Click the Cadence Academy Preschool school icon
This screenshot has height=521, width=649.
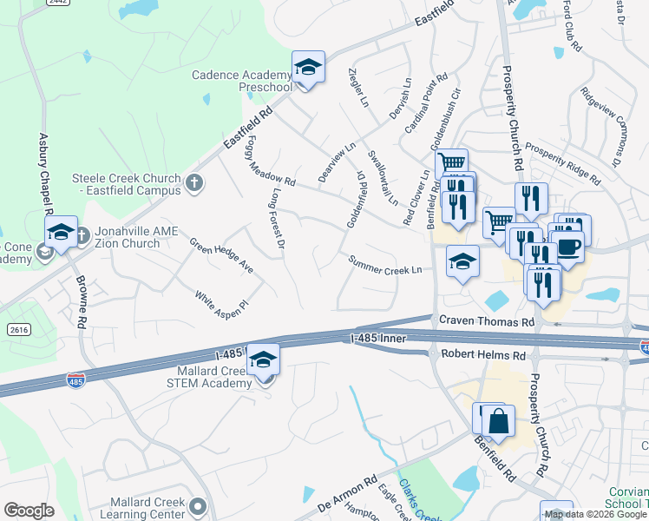click(x=307, y=67)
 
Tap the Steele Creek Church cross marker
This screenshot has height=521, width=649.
click(x=195, y=182)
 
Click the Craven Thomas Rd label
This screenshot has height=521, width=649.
click(x=486, y=321)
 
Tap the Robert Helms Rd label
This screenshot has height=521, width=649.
click(x=483, y=355)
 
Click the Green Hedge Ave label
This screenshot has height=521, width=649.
click(x=221, y=256)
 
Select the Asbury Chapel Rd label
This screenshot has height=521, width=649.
click(x=44, y=175)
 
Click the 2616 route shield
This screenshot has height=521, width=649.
click(x=16, y=330)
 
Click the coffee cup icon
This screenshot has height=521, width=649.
click(x=567, y=246)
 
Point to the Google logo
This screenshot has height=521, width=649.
click(x=29, y=511)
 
